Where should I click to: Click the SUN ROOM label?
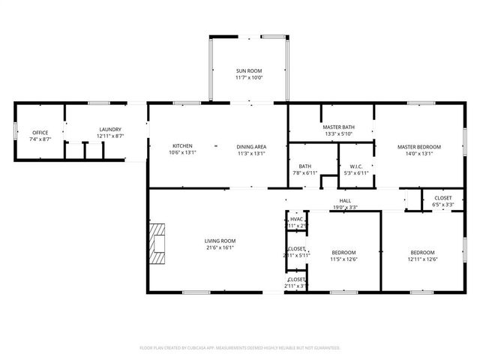(x=249, y=70)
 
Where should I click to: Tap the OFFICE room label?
(x=40, y=133)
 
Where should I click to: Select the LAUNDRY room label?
(x=109, y=130)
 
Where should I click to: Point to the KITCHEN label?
(x=183, y=145)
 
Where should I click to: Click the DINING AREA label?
(x=251, y=146)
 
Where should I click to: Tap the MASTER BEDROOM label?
(x=418, y=146)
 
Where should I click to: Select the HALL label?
(x=345, y=201)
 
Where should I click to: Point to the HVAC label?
(x=297, y=219)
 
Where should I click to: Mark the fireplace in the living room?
(x=157, y=243)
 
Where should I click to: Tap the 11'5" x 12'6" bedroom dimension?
(x=344, y=259)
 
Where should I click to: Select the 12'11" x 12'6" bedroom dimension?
(x=422, y=259)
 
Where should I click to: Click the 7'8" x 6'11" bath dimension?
(x=305, y=173)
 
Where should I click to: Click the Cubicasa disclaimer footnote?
(x=240, y=348)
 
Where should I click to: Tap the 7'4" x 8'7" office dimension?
(x=40, y=139)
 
